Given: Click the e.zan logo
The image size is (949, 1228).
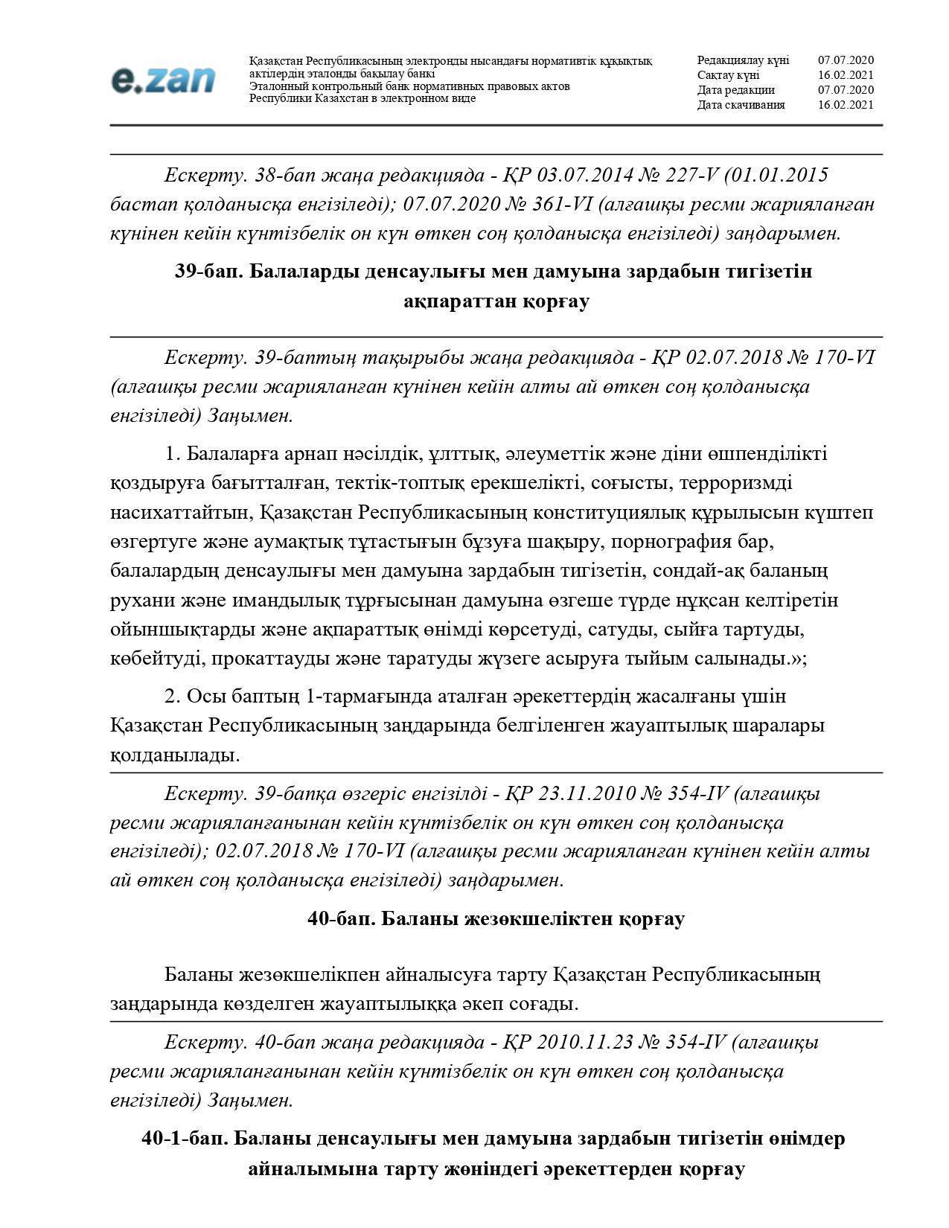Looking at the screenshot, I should [163, 80].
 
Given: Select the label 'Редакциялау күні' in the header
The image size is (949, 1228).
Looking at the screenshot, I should [743, 60].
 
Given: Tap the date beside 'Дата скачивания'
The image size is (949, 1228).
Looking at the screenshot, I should [846, 105].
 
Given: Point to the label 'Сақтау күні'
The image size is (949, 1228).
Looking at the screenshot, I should [728, 75].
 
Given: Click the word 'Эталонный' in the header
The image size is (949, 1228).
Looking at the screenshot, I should [278, 86].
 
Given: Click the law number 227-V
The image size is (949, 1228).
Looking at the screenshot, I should [691, 175].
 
